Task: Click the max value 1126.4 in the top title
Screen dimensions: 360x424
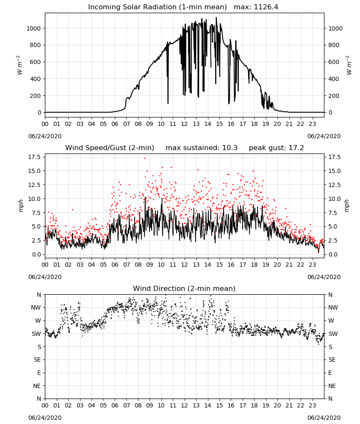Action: tap(266, 7)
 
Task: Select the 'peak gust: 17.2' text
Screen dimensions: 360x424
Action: tap(276, 148)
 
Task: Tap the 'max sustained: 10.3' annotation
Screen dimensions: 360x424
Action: tap(202, 148)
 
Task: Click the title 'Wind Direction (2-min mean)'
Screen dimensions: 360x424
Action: tap(184, 288)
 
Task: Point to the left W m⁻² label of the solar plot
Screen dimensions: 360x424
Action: tap(19, 65)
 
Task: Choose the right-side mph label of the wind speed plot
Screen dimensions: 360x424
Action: tap(347, 206)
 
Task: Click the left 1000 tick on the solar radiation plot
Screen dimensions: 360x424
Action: tap(33, 28)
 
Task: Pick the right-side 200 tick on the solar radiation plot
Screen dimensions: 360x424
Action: tap(334, 96)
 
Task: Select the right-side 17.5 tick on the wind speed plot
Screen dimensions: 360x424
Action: tap(334, 157)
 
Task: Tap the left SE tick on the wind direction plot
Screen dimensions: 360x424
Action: tap(37, 360)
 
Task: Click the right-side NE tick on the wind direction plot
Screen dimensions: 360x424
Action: tap(332, 386)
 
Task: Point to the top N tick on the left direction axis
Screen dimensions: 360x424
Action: tap(39, 295)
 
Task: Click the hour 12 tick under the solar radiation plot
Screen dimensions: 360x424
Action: tap(184, 124)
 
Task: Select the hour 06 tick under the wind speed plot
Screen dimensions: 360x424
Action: tap(115, 265)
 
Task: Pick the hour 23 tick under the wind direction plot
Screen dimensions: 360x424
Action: tap(312, 405)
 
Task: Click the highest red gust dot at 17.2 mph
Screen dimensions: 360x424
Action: tap(145, 159)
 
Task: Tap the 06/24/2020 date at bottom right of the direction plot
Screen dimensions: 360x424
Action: tap(324, 418)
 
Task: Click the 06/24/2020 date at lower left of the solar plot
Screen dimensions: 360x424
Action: tap(45, 136)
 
